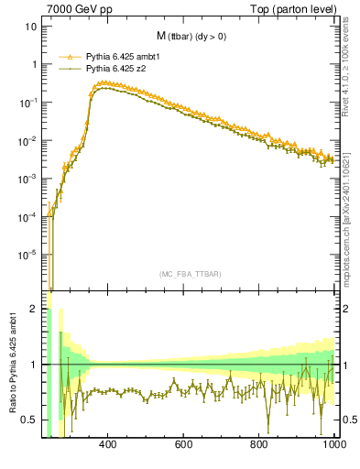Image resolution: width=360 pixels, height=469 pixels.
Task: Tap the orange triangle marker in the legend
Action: click(69, 57)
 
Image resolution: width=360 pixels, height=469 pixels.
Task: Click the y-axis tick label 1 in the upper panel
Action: click(34, 64)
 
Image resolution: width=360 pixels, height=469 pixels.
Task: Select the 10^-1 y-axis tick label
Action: click(28, 102)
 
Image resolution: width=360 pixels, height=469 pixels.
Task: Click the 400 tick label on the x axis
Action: click(107, 444)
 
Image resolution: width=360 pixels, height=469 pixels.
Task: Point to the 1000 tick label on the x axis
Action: click(333, 444)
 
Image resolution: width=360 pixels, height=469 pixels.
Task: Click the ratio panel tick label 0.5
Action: click(30, 420)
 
